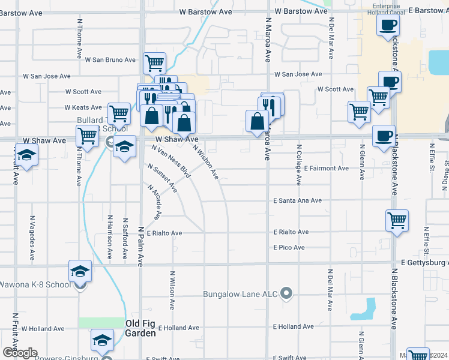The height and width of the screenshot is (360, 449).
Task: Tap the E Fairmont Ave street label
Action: [326, 169]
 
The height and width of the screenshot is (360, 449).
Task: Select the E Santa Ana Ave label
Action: [298, 200]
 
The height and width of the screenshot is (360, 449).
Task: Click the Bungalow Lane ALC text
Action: [241, 294]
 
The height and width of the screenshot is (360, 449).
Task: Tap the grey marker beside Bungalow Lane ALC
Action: [287, 293]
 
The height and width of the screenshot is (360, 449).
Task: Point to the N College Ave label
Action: [298, 163]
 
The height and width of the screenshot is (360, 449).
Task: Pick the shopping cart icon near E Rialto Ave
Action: [397, 220]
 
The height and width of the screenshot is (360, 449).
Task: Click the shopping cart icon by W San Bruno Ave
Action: [155, 62]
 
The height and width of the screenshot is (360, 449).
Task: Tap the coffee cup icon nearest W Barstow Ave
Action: [387, 25]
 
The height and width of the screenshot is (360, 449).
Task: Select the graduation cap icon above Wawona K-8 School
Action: [80, 271]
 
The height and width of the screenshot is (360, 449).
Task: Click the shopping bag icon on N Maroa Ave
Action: [257, 121]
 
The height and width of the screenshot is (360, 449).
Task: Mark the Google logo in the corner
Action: [19, 353]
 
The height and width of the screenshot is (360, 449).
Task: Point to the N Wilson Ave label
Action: [172, 292]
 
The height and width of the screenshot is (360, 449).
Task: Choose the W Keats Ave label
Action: [83, 107]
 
